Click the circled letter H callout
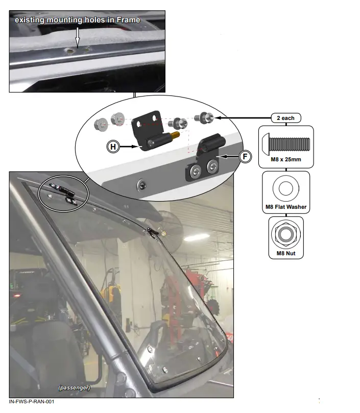(x=112, y=147)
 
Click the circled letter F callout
(x=246, y=156)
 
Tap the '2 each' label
(x=285, y=118)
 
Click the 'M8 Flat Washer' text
(x=285, y=207)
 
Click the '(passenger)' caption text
(x=75, y=387)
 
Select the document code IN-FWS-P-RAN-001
(x=32, y=402)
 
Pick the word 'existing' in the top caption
(x=31, y=20)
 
